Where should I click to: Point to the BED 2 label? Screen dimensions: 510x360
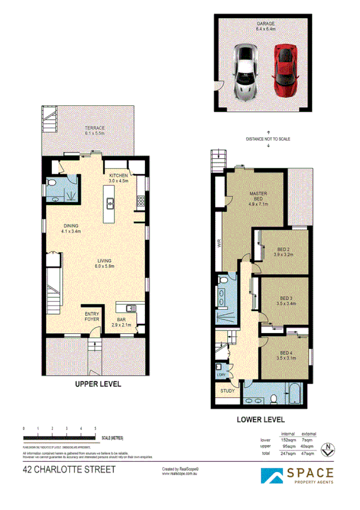click(x=285, y=251)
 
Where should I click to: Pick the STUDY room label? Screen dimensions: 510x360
click(x=227, y=391)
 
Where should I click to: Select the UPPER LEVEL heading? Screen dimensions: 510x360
click(x=98, y=383)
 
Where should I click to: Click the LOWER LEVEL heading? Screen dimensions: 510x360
click(x=260, y=420)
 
